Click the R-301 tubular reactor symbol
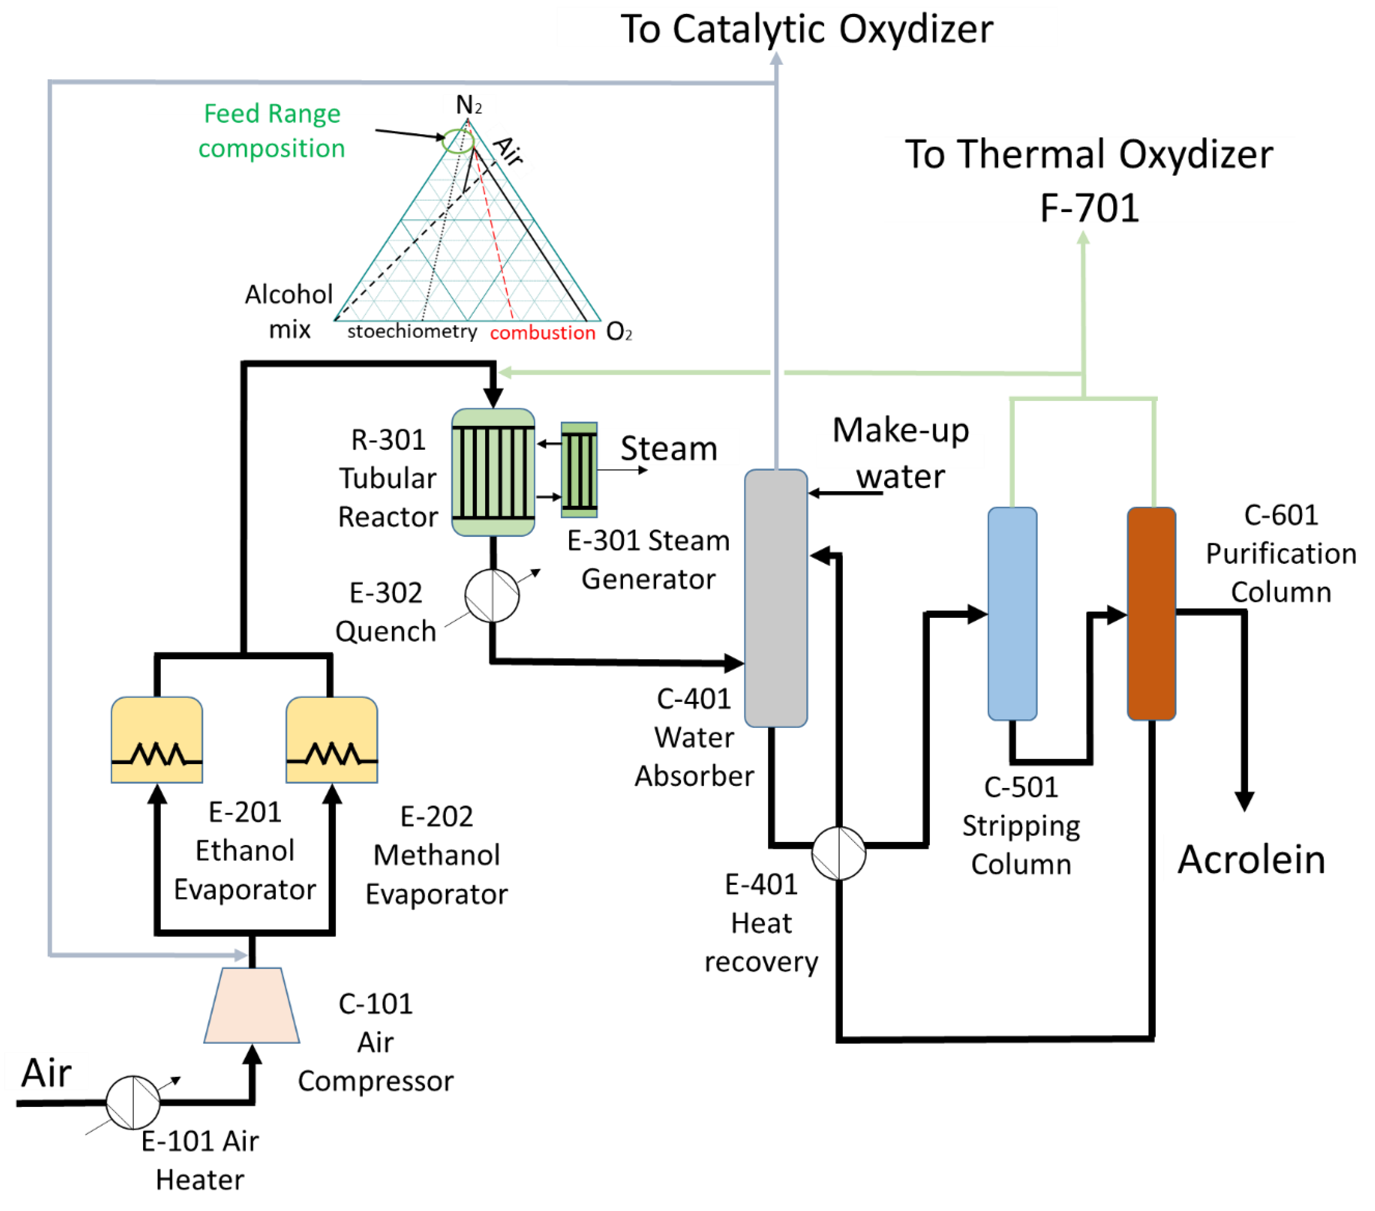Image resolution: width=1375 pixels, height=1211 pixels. point(493,472)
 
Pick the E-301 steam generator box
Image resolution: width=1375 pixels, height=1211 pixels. point(579,470)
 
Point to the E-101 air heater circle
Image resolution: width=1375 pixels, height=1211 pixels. point(133,1102)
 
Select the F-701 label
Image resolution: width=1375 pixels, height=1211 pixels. point(1088,208)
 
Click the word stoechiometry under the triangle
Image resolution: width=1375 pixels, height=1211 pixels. point(412,332)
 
